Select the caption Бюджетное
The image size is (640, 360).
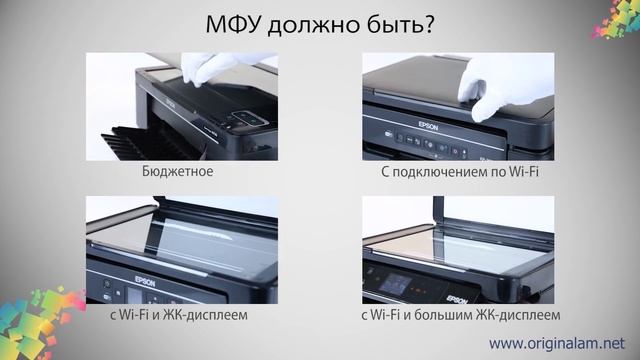(x=178, y=172)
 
